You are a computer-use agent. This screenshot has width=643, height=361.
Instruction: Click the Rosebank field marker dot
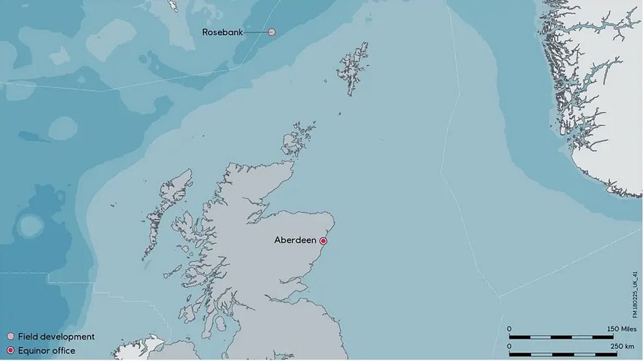(x=272, y=32)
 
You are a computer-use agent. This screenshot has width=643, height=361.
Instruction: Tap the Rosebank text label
(x=222, y=32)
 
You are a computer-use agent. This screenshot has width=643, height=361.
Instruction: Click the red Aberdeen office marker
(x=323, y=241)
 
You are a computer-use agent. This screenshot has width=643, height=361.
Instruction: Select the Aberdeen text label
(x=295, y=240)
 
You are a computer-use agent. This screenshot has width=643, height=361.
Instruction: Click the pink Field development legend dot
(x=10, y=337)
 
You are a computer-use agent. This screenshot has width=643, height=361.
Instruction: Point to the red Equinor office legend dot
(x=10, y=351)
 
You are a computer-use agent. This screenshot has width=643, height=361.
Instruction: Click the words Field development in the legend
(x=56, y=337)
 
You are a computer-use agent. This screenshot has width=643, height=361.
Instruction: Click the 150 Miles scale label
(x=621, y=328)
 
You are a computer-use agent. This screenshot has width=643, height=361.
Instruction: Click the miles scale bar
(x=561, y=337)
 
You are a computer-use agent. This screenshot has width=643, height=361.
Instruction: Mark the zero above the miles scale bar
(x=510, y=328)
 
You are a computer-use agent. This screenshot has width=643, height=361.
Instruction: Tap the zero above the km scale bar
(x=510, y=347)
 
